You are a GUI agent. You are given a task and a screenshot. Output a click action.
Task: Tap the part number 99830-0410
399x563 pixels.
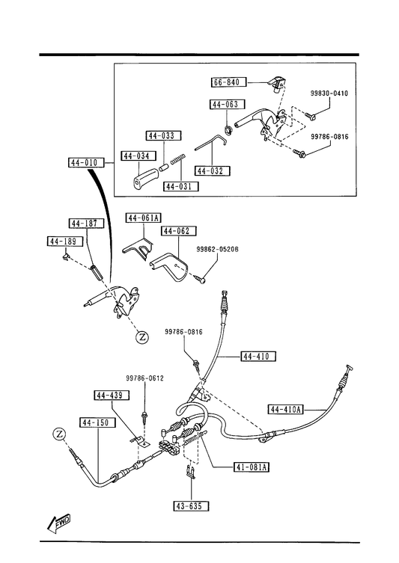[329, 93]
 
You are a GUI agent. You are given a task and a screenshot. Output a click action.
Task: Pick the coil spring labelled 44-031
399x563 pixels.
[178, 159]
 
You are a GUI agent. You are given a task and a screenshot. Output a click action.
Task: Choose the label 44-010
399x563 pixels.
[86, 163]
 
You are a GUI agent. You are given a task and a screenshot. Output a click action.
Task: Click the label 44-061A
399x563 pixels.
[144, 218]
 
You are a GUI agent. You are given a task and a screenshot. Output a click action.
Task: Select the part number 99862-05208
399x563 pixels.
[217, 249]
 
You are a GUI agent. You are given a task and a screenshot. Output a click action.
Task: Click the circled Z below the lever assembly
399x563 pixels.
[142, 337]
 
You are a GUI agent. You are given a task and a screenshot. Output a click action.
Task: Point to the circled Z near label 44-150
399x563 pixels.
[59, 434]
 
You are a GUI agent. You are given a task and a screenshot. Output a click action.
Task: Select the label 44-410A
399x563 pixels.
[286, 409]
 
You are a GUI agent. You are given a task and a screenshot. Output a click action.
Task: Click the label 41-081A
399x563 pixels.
[252, 467]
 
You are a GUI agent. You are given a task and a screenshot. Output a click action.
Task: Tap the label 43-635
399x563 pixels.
[191, 506]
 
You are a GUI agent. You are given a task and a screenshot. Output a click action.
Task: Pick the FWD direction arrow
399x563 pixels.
[58, 523]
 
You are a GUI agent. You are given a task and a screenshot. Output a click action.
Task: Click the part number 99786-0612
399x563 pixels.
[144, 378]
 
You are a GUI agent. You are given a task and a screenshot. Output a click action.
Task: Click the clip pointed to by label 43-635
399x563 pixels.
[191, 472]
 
